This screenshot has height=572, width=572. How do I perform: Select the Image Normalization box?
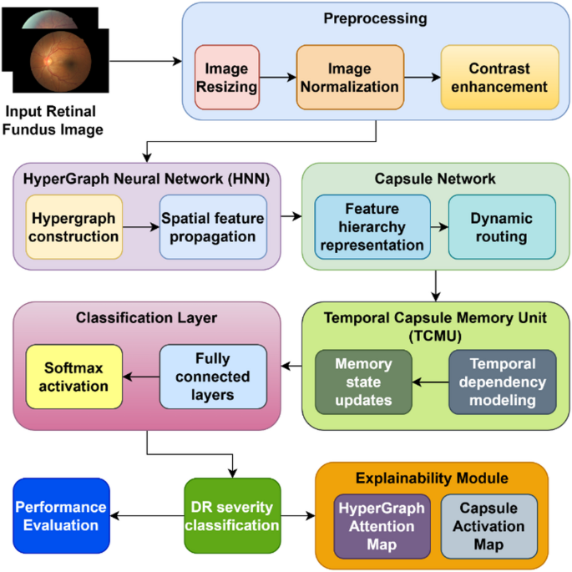[x=350, y=78]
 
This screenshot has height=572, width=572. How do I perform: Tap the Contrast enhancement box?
[x=499, y=78]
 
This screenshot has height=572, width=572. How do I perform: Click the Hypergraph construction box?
[x=74, y=226]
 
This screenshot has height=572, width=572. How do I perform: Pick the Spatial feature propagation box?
[x=213, y=226]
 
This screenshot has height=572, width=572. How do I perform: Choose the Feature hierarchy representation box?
[x=372, y=226]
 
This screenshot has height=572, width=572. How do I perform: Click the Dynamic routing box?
[x=502, y=226]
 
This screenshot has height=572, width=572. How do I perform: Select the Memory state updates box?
[x=363, y=382]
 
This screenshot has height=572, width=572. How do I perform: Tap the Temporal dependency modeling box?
[x=502, y=382]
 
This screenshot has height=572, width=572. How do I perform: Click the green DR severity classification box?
[x=231, y=516]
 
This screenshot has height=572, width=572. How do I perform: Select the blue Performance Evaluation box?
[x=61, y=516]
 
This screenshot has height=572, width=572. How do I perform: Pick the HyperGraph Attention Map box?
[x=380, y=526]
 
